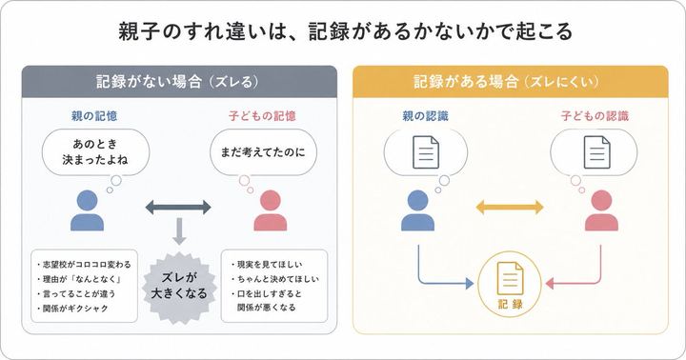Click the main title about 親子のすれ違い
click(x=343, y=30)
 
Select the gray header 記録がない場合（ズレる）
click(x=178, y=80)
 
